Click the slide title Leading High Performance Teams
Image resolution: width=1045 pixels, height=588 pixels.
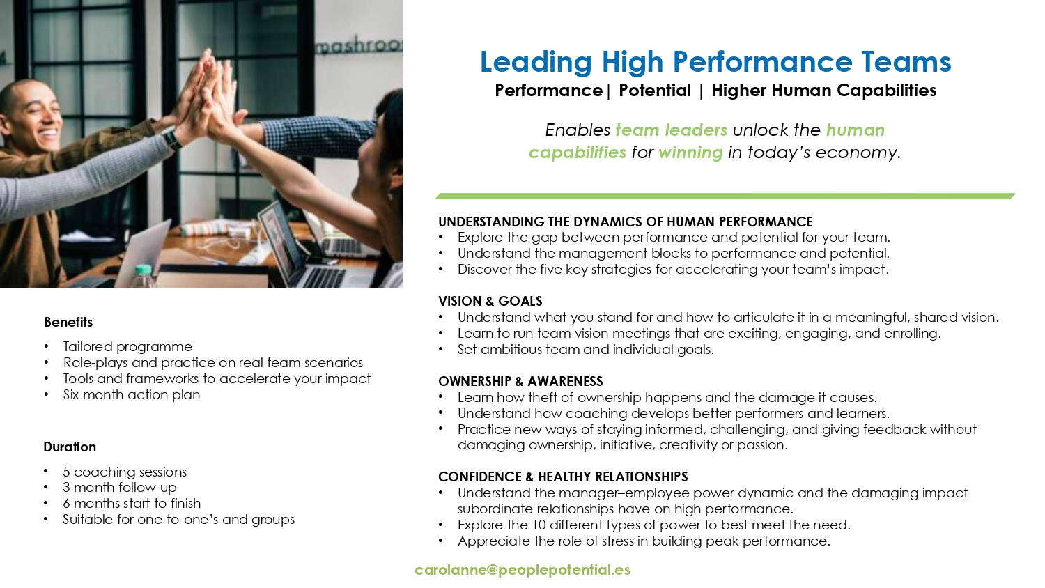point(715,63)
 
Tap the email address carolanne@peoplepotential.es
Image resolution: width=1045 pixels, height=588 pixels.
point(522,570)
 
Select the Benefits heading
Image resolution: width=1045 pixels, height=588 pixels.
point(68,322)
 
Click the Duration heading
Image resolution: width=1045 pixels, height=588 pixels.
point(70,447)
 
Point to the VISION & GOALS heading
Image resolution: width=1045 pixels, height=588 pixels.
point(490,301)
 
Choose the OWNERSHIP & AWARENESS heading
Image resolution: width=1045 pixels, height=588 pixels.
point(520,381)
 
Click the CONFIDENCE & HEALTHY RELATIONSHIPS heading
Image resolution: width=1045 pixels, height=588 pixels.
point(563,477)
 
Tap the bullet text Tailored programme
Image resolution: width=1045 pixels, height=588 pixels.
point(127,347)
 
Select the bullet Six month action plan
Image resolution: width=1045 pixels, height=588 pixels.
point(132,395)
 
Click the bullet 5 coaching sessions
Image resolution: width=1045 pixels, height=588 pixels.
point(125,472)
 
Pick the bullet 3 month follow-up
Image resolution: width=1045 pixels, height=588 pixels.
point(119,488)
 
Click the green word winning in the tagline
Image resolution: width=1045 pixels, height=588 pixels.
point(690,153)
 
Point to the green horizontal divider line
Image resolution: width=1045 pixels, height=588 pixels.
point(725,196)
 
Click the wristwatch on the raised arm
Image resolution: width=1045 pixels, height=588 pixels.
point(173,139)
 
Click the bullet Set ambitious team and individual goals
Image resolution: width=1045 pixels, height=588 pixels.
point(585,350)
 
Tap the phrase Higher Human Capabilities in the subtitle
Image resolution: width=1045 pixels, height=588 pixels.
point(824,91)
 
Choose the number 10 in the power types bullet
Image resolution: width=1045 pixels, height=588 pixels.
point(539,525)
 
